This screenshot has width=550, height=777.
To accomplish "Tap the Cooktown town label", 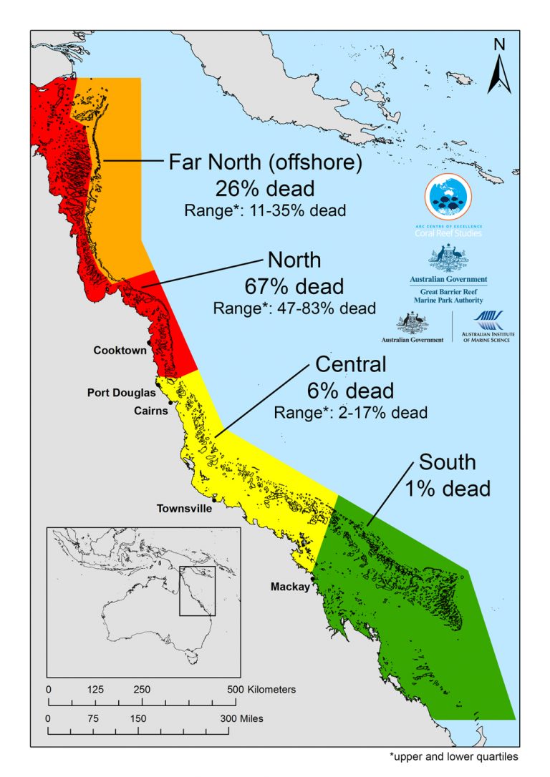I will click(120, 351).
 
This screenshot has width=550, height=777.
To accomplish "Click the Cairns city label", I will click(151, 411).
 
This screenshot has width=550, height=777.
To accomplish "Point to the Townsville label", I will click(185, 509).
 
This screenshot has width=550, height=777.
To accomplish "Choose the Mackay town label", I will click(289, 587).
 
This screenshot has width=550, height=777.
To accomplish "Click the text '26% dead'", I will click(265, 189).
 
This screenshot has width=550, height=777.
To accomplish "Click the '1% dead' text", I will click(447, 488).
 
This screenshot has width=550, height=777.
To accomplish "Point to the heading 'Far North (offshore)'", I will click(265, 163).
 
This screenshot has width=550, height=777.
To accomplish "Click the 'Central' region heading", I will click(350, 365).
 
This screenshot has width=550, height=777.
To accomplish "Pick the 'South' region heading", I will click(447, 462).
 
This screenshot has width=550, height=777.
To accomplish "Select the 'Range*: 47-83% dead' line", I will click(294, 308).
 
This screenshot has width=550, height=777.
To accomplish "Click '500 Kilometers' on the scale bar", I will click(262, 690).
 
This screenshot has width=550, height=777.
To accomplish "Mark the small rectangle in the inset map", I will click(197, 591).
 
